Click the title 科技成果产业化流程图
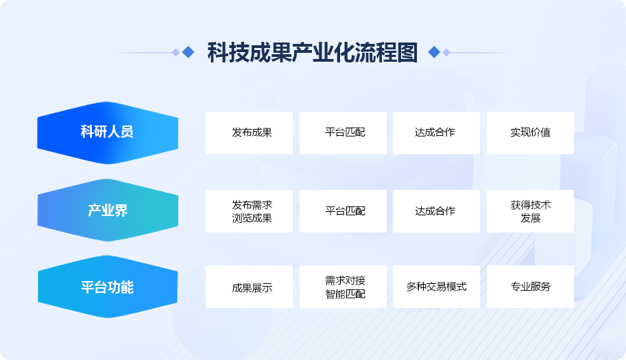tap(312, 52)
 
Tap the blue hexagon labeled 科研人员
tap(108, 132)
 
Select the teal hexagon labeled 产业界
tap(108, 210)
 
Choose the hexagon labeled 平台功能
tap(108, 287)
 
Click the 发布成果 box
tap(249, 133)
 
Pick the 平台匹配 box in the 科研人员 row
tap(343, 133)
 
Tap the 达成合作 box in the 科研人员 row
tap(436, 133)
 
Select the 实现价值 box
tap(530, 133)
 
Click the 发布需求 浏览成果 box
tap(249, 211)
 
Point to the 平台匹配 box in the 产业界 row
tap(343, 211)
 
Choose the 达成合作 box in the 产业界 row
tap(436, 211)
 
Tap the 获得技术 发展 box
tap(530, 211)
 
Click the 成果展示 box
tap(249, 287)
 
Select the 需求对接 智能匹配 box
tap(343, 287)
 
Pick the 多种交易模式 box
tap(436, 287)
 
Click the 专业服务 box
tap(530, 287)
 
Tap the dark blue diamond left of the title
tap(188, 52)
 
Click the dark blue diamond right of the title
tap(434, 52)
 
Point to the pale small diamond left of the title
tap(176, 52)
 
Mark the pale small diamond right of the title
tap(446, 52)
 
